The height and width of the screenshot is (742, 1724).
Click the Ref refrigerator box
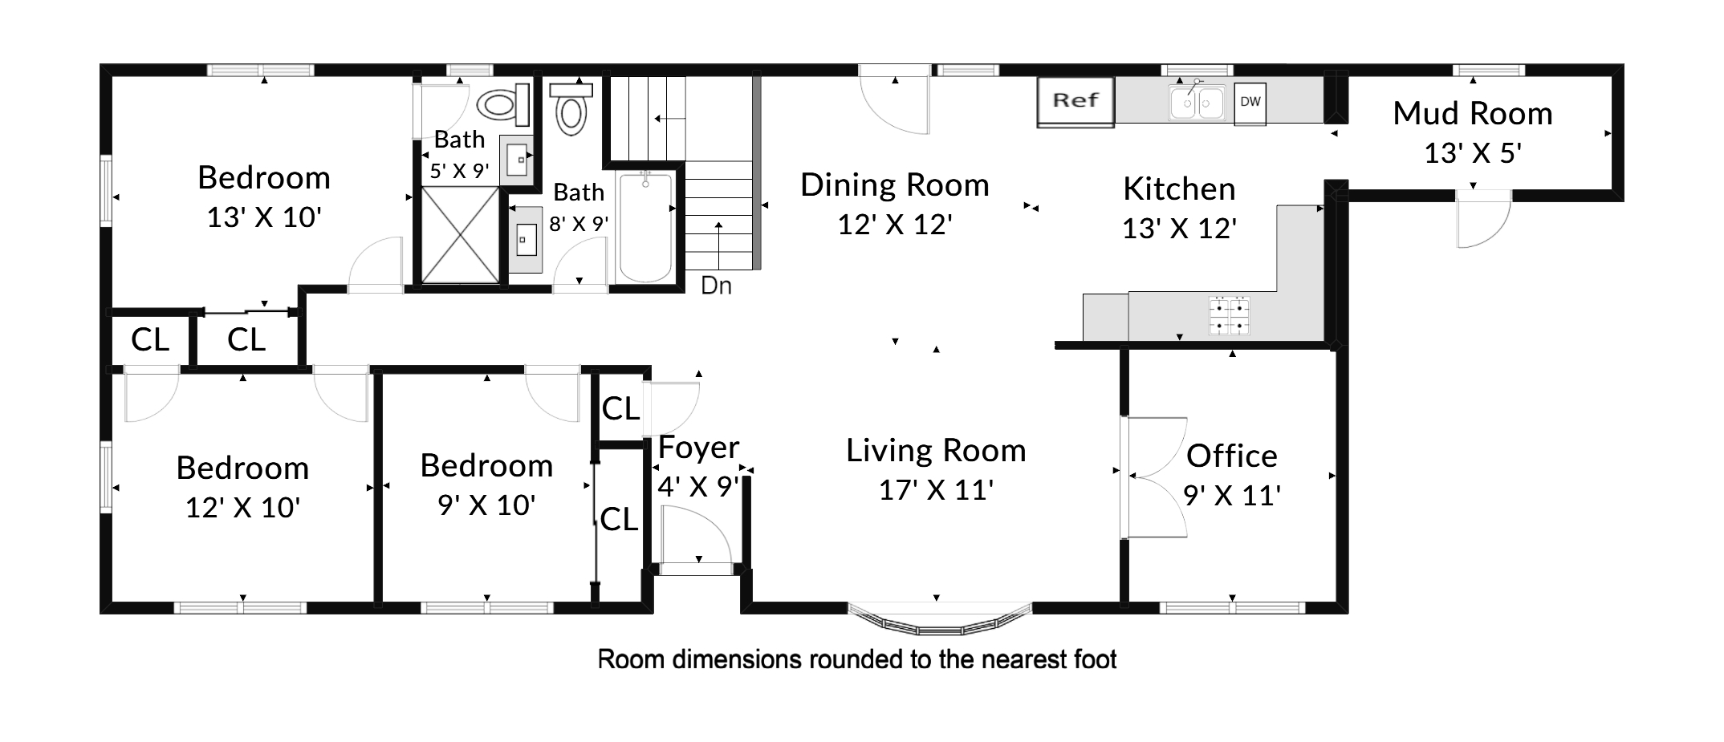point(1075,102)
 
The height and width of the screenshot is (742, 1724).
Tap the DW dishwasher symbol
point(1250,103)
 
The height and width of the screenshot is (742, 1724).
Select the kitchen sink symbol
point(1197,101)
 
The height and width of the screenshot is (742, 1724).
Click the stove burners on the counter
point(1230,315)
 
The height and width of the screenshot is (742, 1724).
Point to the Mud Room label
point(1472,114)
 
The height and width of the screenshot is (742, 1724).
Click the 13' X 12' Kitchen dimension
point(1178,229)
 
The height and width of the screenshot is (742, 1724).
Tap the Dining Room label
point(894,185)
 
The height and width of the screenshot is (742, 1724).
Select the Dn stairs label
point(716,286)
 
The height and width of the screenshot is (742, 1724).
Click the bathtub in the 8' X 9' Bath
point(645,226)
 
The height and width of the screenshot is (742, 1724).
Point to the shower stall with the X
point(460,234)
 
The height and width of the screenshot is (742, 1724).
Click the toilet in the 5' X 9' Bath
point(504,105)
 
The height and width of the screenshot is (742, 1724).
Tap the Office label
point(1231,456)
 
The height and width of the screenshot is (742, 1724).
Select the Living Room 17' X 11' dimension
point(936,490)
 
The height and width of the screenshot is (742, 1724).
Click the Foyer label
point(698,448)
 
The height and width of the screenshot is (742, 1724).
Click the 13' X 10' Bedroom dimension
point(264,217)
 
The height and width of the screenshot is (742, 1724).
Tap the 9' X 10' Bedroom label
point(486,466)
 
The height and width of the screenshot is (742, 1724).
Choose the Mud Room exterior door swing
point(1483,219)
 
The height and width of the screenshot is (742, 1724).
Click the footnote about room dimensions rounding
point(857,659)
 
